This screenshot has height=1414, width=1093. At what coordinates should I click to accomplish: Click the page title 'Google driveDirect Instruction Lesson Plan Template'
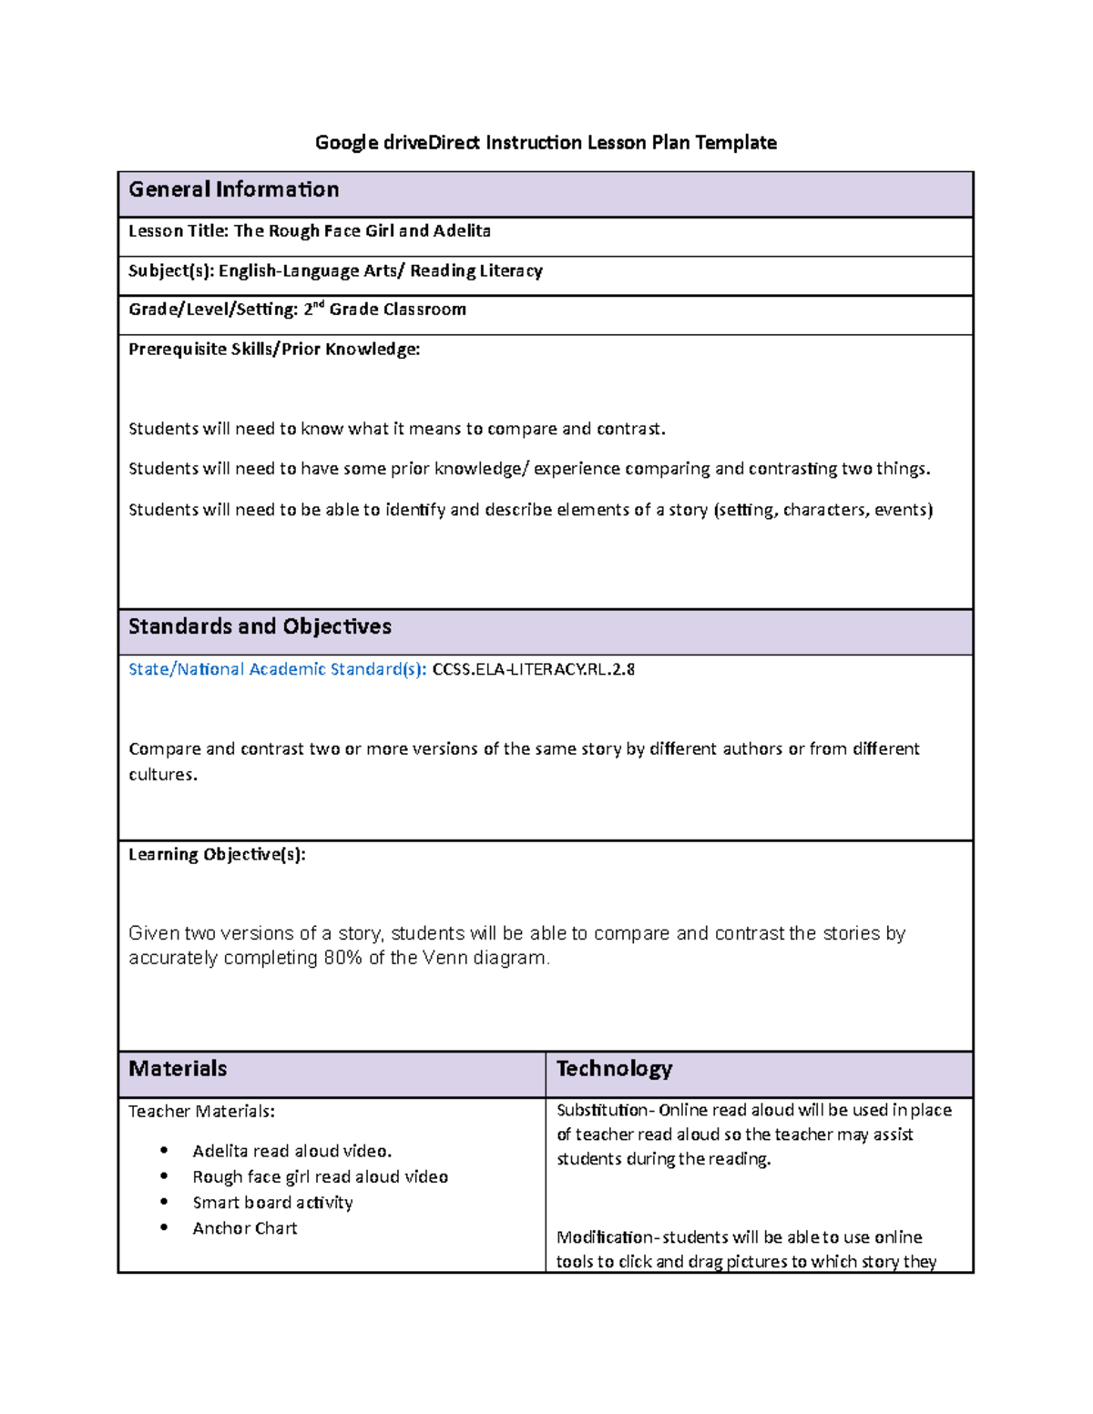point(546,142)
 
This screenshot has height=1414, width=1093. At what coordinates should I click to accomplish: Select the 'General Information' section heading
point(233,189)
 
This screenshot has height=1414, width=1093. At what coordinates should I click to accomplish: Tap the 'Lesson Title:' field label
point(179,231)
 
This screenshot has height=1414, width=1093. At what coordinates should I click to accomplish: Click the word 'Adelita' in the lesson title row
point(462,231)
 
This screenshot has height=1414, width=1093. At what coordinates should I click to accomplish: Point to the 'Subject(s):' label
point(171,270)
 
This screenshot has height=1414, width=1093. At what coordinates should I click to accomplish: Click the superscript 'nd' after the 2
point(319,304)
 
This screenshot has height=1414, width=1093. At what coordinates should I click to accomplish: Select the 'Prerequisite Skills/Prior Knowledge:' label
point(274,349)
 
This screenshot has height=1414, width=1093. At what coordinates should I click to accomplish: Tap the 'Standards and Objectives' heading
point(260,626)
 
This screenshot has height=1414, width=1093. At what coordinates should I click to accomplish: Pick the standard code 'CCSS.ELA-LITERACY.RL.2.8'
point(533,669)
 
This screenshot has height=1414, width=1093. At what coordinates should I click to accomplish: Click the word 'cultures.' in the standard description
point(162,775)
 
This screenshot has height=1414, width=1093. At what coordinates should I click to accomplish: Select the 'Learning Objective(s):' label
point(217,854)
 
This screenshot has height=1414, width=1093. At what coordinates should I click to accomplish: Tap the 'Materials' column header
point(178,1069)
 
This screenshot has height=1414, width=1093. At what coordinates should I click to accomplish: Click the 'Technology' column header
point(614,1069)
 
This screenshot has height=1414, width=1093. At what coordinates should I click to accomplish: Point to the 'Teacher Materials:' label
point(201,1111)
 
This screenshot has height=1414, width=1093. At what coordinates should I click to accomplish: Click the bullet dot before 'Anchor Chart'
point(164,1227)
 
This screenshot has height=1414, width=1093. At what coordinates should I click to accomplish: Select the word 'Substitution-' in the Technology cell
point(605,1110)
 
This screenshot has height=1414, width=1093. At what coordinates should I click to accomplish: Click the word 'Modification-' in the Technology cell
point(606,1237)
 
